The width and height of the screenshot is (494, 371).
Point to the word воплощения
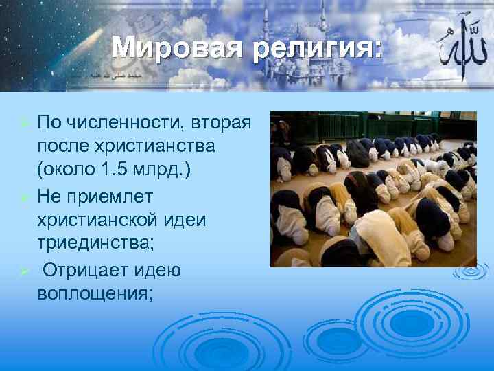tap(95, 293)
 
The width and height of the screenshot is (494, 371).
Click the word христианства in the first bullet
tap(147, 147)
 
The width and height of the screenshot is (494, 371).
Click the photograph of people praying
tap(373, 189)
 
